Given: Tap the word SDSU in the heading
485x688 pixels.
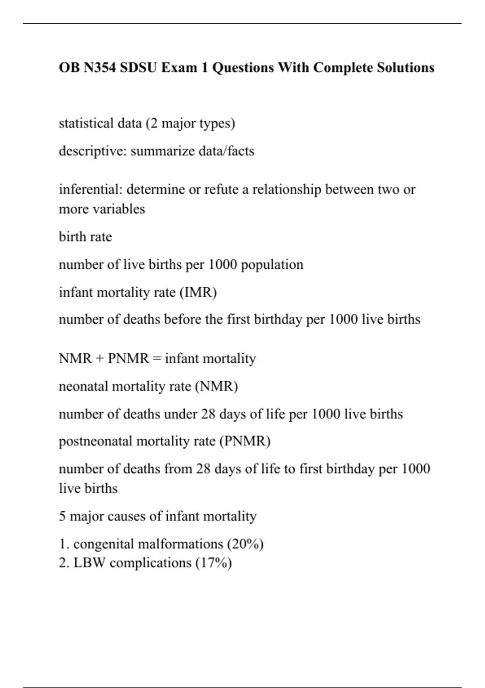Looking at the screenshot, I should pos(139,68).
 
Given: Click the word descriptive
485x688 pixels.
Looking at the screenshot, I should pos(93,151).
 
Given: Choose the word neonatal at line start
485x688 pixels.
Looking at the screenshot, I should pos(83,386).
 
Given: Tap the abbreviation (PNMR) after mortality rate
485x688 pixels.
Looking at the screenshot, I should pos(245,441).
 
